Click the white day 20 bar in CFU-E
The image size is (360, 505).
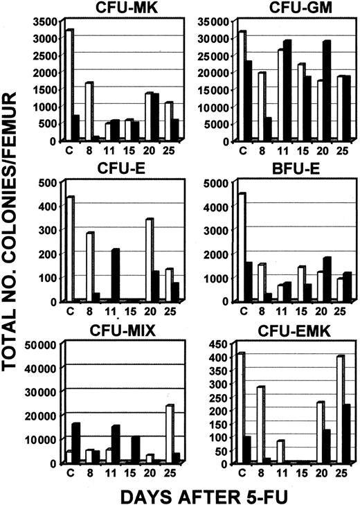point(149,260)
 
